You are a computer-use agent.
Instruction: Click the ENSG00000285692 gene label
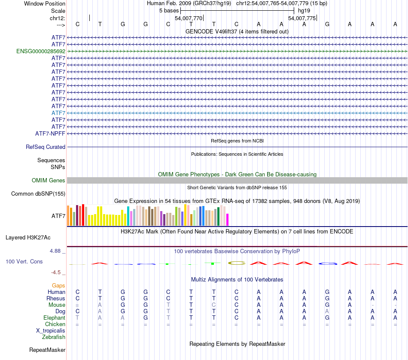[41, 51]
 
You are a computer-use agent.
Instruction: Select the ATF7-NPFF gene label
[50, 133]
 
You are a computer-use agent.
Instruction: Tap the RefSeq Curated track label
[46, 147]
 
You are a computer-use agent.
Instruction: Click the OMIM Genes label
[49, 181]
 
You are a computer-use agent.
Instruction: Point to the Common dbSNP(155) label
[38, 194]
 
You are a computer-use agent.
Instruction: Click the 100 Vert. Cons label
[24, 261]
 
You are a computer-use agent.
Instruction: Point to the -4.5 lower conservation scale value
[58, 272]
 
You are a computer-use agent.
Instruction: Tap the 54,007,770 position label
[189, 18]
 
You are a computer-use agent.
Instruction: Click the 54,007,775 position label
[302, 18]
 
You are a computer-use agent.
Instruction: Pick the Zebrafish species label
[54, 337]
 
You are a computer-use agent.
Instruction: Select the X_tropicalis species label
[51, 331]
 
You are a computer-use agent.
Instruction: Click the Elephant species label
[54, 318]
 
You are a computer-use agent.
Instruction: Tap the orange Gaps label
[58, 285]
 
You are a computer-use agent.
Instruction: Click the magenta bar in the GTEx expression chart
[227, 219]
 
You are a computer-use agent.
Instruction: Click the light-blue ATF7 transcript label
[58, 113]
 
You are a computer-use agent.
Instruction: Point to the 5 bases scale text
[169, 10]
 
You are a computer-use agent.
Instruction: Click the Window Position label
[45, 3]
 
